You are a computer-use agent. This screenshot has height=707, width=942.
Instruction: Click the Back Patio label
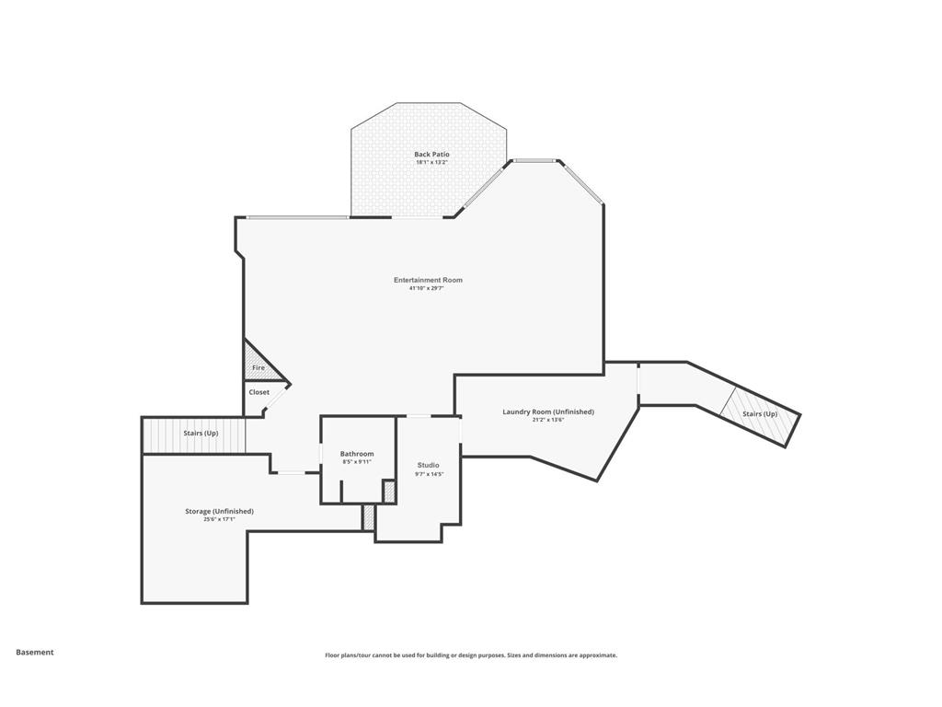tap(431, 155)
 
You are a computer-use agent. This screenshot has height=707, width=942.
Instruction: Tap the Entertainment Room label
tap(429, 280)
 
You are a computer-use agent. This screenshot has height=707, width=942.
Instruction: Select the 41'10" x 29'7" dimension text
tap(427, 288)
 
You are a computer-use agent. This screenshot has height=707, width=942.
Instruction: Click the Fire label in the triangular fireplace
tap(258, 368)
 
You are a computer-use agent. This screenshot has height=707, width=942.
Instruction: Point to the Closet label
tap(258, 392)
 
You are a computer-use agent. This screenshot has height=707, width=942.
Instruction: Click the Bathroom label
tap(357, 454)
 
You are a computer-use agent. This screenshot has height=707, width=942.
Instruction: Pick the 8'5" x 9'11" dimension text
tap(357, 462)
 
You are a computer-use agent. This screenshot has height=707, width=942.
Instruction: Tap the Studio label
tap(429, 465)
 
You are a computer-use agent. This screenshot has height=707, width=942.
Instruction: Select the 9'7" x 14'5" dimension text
tap(429, 474)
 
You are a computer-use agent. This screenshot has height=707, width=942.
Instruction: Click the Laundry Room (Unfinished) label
tap(548, 411)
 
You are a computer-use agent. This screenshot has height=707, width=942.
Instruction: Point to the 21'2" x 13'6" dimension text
tap(548, 420)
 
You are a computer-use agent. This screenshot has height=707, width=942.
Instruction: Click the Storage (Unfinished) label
tap(219, 512)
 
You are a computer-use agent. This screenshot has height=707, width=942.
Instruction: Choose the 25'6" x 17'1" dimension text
tap(219, 519)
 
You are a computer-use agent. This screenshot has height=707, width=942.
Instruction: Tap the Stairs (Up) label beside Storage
tap(201, 434)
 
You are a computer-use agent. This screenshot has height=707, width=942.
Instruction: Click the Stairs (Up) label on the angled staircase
tap(760, 414)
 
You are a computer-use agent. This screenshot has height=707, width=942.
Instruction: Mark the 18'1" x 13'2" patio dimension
tap(432, 162)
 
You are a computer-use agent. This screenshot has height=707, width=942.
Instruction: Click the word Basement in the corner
tap(35, 653)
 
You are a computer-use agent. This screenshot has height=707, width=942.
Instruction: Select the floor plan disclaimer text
tap(471, 655)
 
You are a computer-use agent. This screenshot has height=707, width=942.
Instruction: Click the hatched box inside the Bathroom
tap(389, 492)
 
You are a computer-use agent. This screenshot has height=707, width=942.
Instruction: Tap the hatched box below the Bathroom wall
tap(369, 517)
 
